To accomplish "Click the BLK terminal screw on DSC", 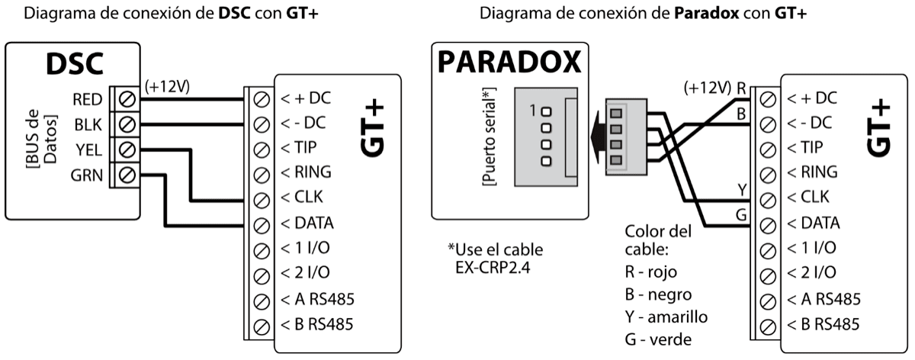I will [x=127, y=124].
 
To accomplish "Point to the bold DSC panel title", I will [x=75, y=66].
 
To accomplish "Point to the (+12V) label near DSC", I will [x=167, y=85].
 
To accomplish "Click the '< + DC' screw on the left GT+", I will [x=260, y=99].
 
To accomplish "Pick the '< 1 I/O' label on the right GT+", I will [x=811, y=248].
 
